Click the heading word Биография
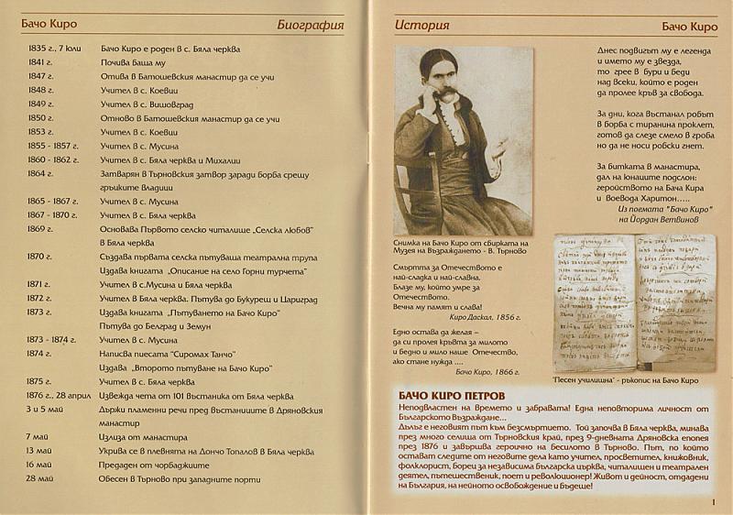pyautogui.click(x=310, y=25)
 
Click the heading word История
pyautogui.click(x=421, y=24)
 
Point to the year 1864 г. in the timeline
pyautogui.click(x=40, y=172)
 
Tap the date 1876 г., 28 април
pyautogui.click(x=60, y=395)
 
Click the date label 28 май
pyautogui.click(x=40, y=477)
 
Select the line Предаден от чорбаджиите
pyautogui.click(x=158, y=464)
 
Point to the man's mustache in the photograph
pyautogui.click(x=446, y=93)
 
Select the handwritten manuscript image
pyautogui.click(x=633, y=302)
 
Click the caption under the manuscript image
pyautogui.click(x=626, y=379)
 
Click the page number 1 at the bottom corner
pyautogui.click(x=714, y=501)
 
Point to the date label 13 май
pyautogui.click(x=40, y=450)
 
